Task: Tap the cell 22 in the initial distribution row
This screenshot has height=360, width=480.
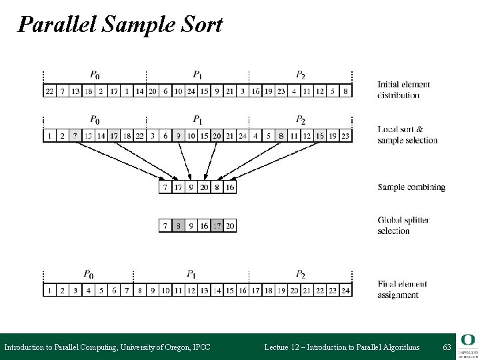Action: (49, 91)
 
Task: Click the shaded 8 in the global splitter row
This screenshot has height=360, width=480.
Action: (178, 227)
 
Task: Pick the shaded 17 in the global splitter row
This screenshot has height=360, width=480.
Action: (217, 227)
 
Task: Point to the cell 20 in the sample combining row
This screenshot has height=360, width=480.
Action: (203, 188)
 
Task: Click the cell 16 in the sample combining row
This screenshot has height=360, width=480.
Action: (229, 188)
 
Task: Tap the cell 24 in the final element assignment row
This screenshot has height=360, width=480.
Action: (345, 291)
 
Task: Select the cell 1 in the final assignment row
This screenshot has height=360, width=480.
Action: (49, 291)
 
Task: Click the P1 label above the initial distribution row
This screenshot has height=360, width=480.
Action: (198, 75)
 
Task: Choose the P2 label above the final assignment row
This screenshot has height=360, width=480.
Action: (301, 274)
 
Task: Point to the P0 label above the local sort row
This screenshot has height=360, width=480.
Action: (95, 120)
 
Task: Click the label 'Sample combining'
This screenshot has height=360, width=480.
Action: (411, 188)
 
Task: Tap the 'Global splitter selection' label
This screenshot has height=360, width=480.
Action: (403, 225)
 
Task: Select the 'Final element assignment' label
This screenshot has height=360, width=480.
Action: (401, 289)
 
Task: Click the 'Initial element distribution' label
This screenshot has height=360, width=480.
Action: (403, 89)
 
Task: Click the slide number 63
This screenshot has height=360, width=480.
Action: (446, 347)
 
